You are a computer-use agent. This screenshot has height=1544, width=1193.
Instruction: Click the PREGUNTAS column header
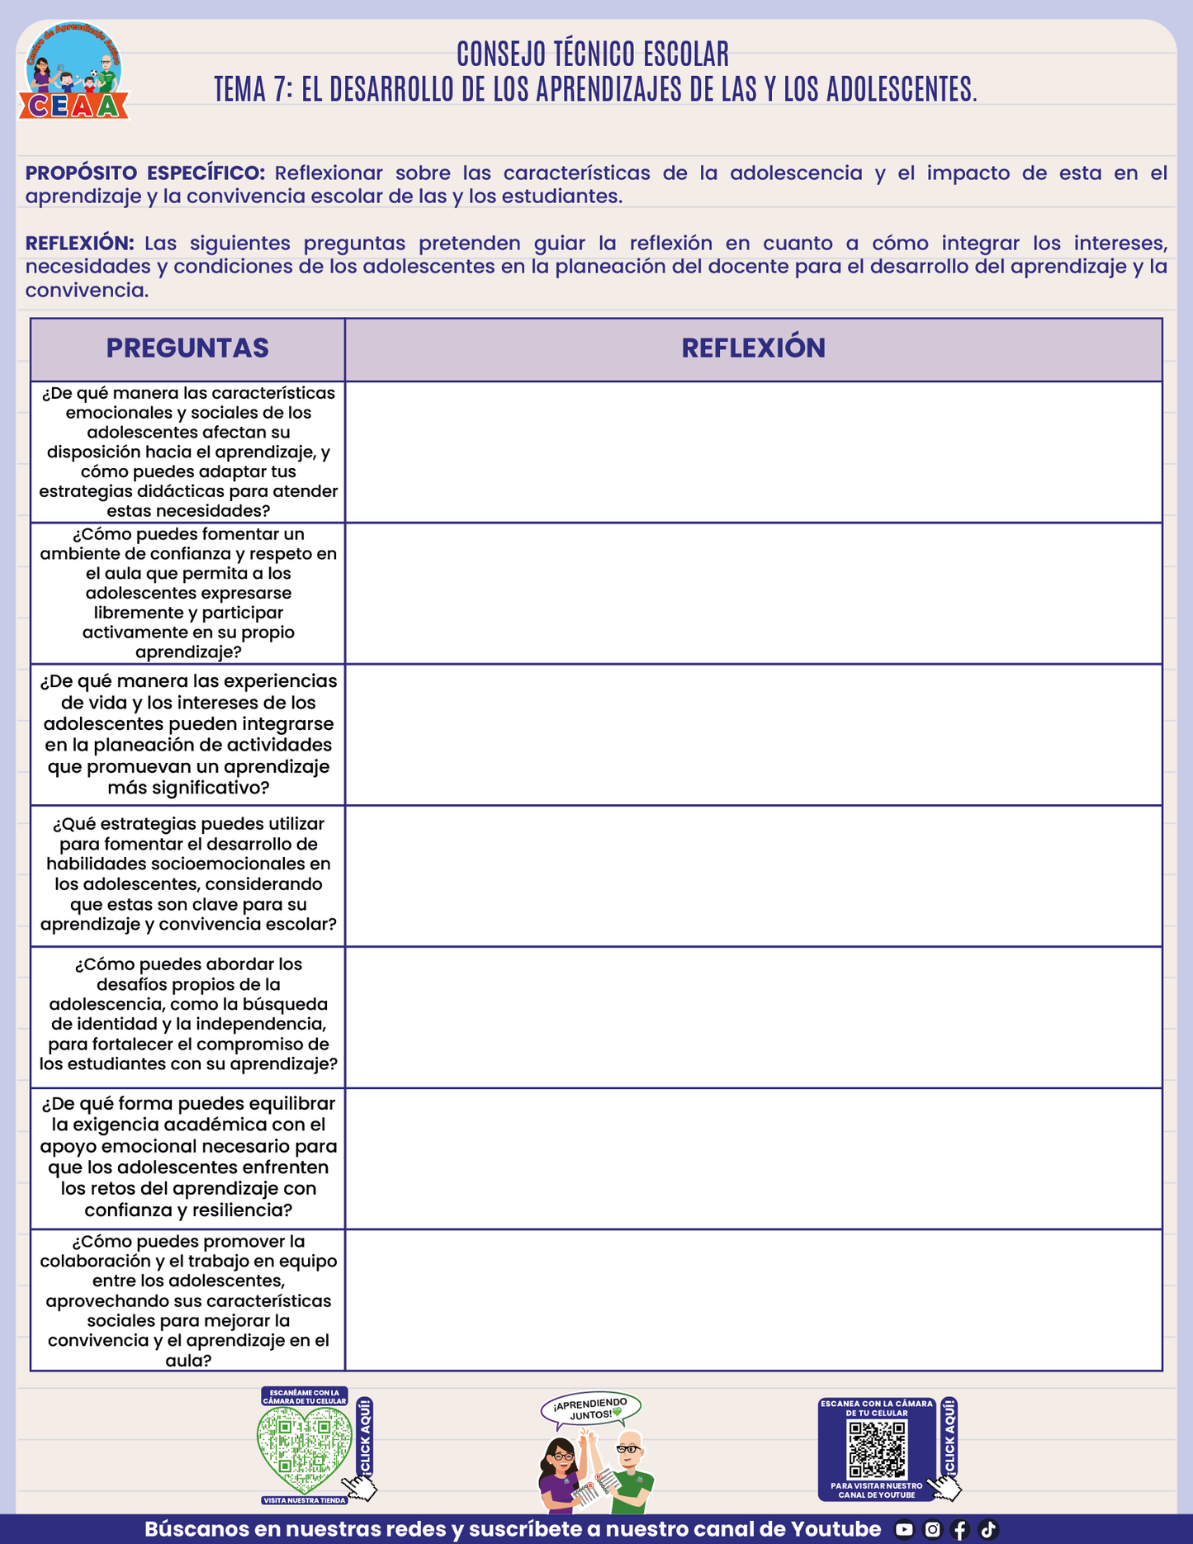click(x=187, y=348)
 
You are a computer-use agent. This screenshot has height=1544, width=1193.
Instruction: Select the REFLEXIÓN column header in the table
click(x=753, y=348)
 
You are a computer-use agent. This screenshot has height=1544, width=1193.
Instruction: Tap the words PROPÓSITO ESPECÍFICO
click(x=145, y=173)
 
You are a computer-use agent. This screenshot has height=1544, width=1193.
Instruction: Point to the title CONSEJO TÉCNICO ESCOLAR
click(x=593, y=54)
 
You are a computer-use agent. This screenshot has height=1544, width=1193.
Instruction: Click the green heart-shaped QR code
click(x=304, y=1447)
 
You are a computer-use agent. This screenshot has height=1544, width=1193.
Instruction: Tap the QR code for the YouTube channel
click(x=878, y=1450)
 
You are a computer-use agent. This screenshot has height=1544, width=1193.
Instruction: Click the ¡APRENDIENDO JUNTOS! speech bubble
click(x=591, y=1409)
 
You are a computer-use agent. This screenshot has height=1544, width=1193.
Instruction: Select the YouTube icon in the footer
click(x=904, y=1529)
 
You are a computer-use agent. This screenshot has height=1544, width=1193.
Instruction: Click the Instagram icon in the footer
click(x=932, y=1529)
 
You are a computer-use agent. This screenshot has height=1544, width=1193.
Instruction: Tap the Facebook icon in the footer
click(x=960, y=1529)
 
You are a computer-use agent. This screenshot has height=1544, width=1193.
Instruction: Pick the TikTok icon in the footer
click(x=988, y=1529)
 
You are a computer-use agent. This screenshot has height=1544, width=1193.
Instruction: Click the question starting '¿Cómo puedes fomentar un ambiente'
click(x=188, y=593)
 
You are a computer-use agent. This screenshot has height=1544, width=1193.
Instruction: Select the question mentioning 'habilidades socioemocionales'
click(x=188, y=874)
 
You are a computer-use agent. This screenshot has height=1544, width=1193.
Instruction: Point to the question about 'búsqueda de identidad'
click(x=188, y=1014)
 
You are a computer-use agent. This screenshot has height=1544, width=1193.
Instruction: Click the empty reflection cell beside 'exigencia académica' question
click(x=753, y=1158)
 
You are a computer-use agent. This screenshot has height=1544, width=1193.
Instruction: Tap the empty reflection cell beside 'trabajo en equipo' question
click(x=753, y=1300)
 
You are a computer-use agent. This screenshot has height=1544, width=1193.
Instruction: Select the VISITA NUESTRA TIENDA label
click(x=305, y=1500)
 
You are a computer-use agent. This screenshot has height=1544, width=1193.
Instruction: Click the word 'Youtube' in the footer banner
click(x=836, y=1529)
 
